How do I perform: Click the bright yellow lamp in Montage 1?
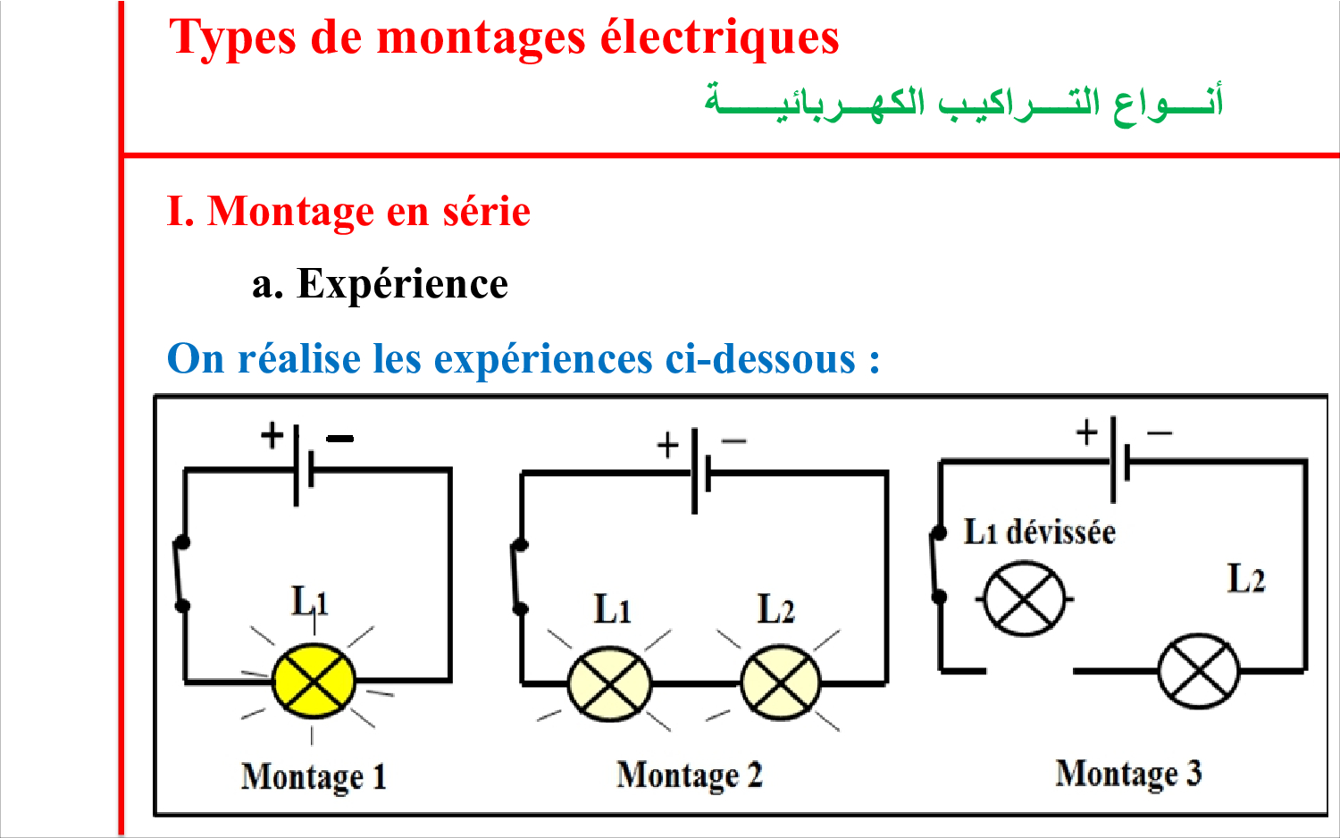(x=314, y=681)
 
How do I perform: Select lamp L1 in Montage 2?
(x=609, y=683)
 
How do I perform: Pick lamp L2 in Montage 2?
(x=780, y=683)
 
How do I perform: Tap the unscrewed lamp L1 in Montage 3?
(x=1024, y=599)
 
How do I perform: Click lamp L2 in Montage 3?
(x=1198, y=671)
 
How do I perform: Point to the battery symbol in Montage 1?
(x=304, y=466)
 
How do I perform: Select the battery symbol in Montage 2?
(x=701, y=471)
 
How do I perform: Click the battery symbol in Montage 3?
(x=1120, y=459)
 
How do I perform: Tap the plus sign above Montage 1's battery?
(x=272, y=435)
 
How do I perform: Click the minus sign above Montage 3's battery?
(x=1160, y=432)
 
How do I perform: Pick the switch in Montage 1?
(x=181, y=574)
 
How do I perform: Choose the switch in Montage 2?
(x=519, y=577)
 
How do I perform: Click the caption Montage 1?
(x=314, y=777)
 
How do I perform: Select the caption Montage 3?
(x=1128, y=774)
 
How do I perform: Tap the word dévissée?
(x=1060, y=532)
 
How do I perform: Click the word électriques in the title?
(x=720, y=38)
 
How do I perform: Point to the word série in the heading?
(x=486, y=211)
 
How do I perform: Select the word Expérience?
(x=403, y=283)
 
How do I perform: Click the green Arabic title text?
(x=963, y=103)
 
